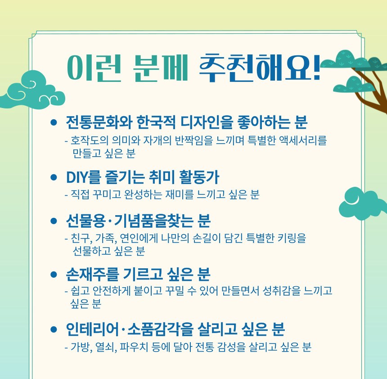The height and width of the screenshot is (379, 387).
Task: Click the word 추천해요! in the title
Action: [260, 68]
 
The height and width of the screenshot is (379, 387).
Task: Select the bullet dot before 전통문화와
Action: [54, 122]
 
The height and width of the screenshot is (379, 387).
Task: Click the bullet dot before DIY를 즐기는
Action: [54, 177]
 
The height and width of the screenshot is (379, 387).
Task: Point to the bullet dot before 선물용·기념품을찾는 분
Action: [54, 221]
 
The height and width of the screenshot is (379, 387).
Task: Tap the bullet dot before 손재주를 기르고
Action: [54, 274]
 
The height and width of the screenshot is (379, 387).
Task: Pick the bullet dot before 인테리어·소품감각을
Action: [54, 329]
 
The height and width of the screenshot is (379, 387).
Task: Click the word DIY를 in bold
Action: [83, 177]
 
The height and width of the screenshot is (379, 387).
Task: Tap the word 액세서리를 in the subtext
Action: [303, 140]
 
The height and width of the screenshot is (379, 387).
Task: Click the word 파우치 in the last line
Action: [134, 347]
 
